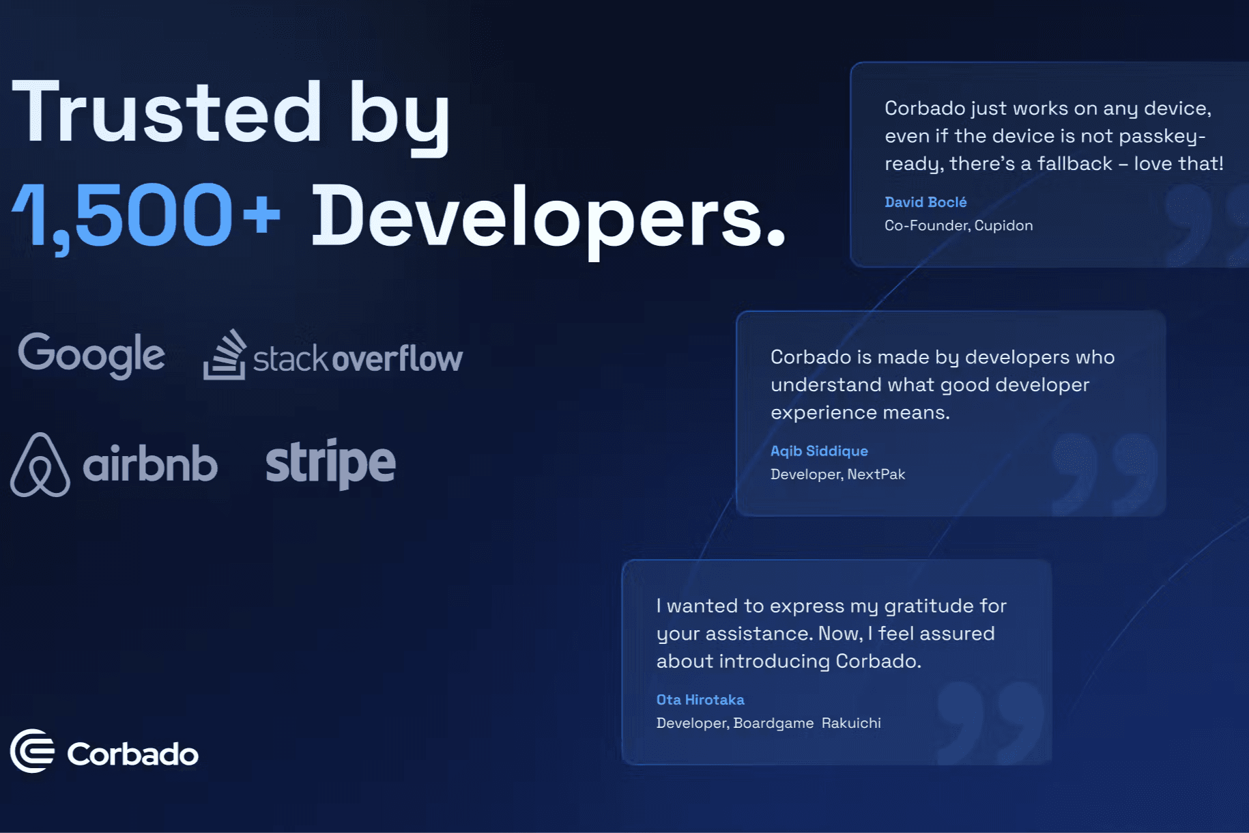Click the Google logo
pos(91,355)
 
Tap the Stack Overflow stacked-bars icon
pos(225,355)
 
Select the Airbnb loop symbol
pos(40,464)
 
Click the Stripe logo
pos(330,464)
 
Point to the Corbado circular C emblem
pos(32,751)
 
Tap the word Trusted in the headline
pos(167,112)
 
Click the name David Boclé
pos(925,202)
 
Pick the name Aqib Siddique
pos(819,451)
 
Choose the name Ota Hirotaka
pos(700,700)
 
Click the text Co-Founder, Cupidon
pos(959,225)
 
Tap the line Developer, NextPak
pos(838,474)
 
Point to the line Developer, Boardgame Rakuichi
pos(769,723)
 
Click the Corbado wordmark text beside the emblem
pos(133,754)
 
